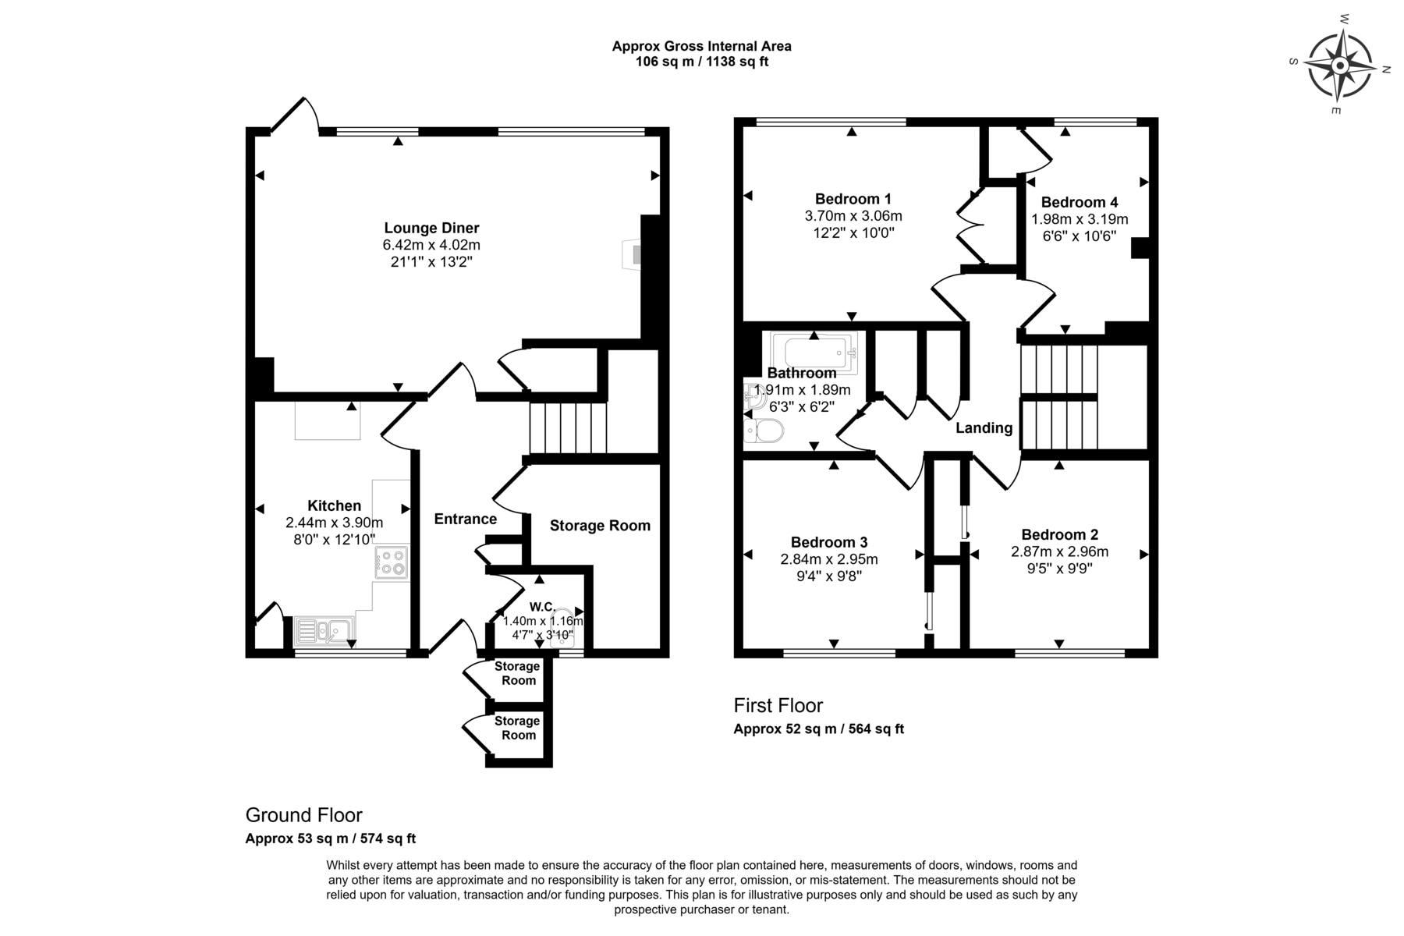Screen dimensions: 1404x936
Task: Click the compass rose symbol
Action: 1339,66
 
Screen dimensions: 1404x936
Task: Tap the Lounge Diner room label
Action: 431,228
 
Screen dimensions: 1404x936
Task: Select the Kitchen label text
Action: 334,505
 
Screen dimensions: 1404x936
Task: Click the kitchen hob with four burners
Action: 392,562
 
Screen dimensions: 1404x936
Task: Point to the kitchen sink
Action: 324,629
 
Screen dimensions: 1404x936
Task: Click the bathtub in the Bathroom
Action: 814,352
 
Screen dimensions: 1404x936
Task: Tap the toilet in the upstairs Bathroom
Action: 764,431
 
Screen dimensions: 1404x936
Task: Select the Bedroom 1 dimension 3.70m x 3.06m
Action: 853,216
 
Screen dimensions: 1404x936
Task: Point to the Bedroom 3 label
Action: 829,542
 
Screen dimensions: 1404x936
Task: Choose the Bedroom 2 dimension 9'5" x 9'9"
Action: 1059,569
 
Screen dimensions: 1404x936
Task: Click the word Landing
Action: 984,427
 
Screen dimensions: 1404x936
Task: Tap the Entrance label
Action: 466,519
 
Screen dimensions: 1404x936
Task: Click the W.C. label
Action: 542,607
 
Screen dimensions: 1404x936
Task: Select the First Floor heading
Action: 778,705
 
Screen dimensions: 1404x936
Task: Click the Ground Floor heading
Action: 304,815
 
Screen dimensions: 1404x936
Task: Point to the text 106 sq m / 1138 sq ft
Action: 702,62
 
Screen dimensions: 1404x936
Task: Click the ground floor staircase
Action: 568,427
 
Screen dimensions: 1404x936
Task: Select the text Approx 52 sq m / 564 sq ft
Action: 818,729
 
